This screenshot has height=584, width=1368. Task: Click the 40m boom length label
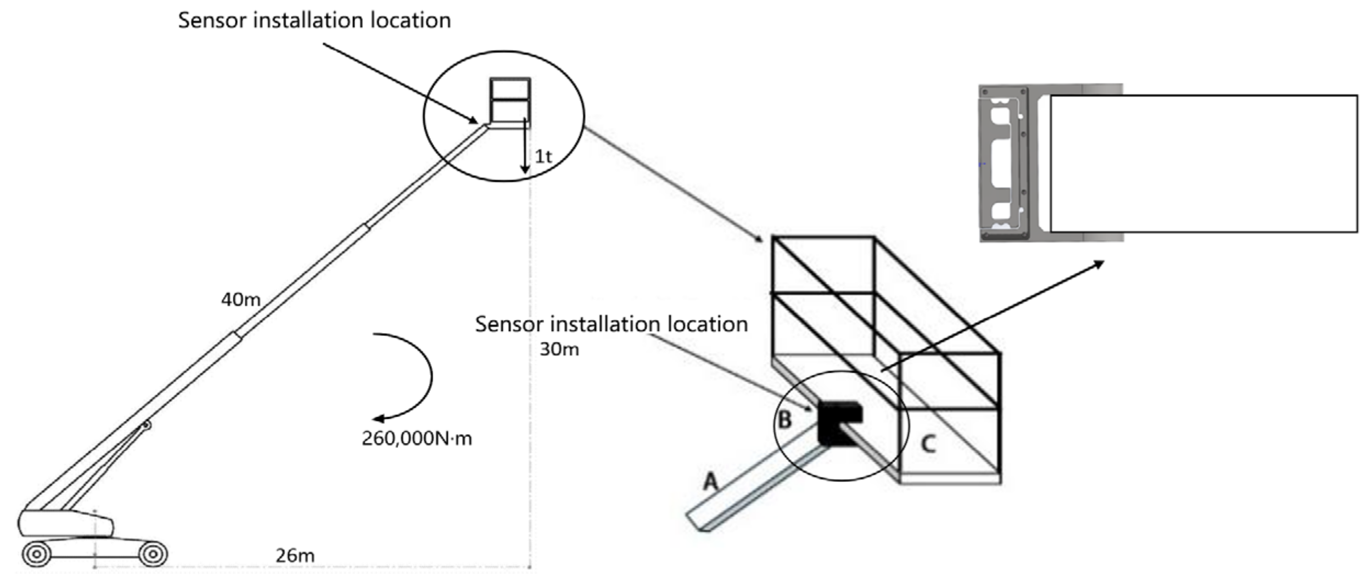point(240,300)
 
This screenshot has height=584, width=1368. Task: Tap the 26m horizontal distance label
point(295,555)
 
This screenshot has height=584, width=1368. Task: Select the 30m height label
point(559,349)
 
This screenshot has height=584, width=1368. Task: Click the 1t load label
point(543,156)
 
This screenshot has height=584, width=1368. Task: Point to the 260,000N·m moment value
point(417,439)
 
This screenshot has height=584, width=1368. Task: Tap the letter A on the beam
point(710,482)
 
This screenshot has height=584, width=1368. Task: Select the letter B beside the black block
point(785,420)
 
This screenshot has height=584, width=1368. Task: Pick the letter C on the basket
point(928,443)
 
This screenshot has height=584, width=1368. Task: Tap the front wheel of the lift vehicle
point(153,554)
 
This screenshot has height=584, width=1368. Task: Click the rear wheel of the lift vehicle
point(36,554)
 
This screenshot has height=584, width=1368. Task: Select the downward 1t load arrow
point(525,148)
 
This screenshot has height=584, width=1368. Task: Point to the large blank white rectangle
point(1202,164)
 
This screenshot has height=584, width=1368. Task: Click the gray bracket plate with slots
point(1002,164)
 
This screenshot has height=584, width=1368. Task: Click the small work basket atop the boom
point(510,101)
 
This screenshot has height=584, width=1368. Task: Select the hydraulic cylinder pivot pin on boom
point(146,425)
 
